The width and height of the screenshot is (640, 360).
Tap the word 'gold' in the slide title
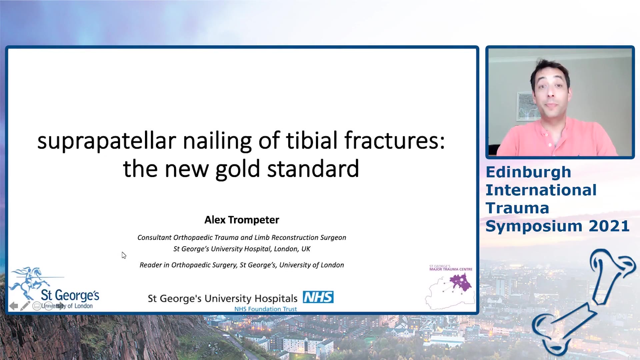[x=238, y=169]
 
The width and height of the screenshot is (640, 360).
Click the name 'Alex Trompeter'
[x=242, y=220]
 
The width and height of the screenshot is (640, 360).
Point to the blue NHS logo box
[x=318, y=297]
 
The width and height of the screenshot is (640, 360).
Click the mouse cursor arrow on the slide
[x=124, y=255]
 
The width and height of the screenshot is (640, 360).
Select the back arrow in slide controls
[x=14, y=306]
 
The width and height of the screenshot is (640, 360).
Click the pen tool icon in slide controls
[x=25, y=306]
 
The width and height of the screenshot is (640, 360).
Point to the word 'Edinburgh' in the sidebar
[x=528, y=173]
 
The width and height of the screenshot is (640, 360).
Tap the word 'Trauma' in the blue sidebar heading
[x=517, y=208]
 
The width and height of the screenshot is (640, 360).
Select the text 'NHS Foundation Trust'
[x=265, y=309]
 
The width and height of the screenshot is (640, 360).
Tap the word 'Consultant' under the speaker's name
[x=154, y=237]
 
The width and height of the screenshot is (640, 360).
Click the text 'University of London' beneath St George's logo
[x=67, y=306]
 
